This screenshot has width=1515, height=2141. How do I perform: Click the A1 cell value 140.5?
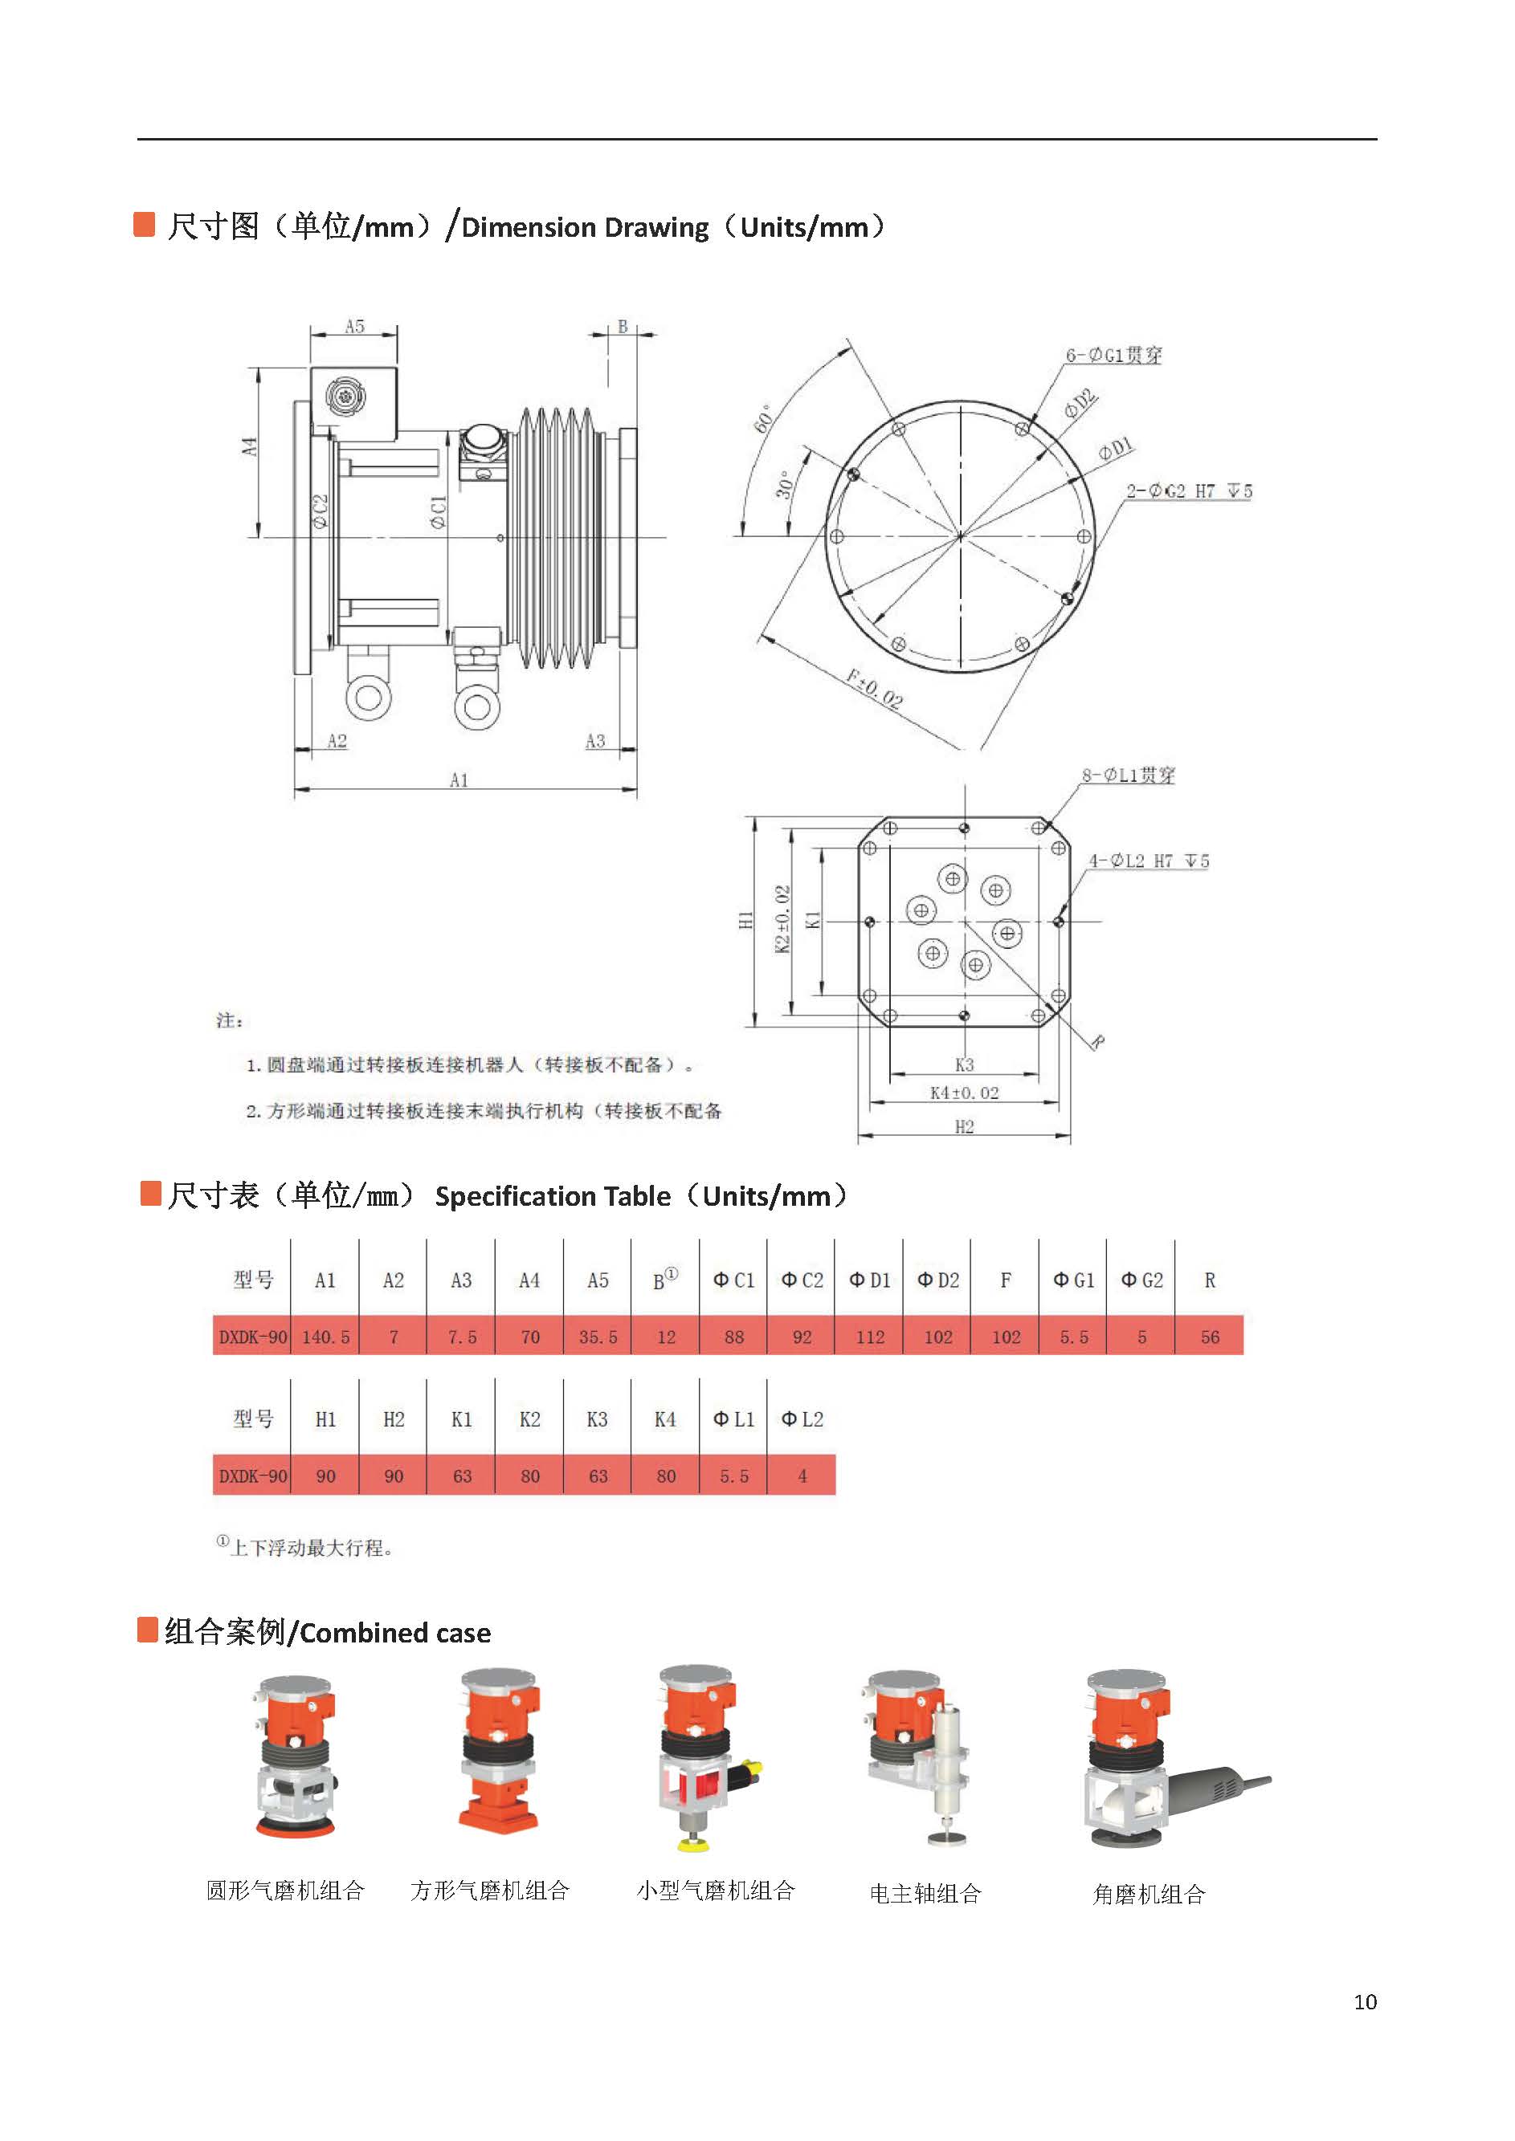325,1337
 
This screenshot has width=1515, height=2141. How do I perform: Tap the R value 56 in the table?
1209,1337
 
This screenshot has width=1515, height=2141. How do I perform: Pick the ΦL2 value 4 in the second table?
802,1475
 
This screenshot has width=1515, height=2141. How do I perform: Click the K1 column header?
461,1419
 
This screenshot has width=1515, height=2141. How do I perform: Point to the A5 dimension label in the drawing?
354,327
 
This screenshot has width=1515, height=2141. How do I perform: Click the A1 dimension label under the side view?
459,779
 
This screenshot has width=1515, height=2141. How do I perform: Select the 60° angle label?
763,420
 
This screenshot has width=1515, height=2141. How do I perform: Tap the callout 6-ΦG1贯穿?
1114,356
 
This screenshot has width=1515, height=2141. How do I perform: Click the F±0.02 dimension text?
874,688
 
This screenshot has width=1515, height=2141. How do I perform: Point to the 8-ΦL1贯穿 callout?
1128,775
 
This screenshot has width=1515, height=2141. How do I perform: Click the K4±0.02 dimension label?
964,1093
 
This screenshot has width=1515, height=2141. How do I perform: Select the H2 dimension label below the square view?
964,1126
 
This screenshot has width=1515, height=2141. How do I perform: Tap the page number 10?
1364,2001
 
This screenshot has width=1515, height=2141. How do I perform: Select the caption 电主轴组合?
925,1893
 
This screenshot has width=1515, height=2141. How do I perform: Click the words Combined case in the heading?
394,1633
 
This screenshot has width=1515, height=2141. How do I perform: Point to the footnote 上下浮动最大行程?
310,1548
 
